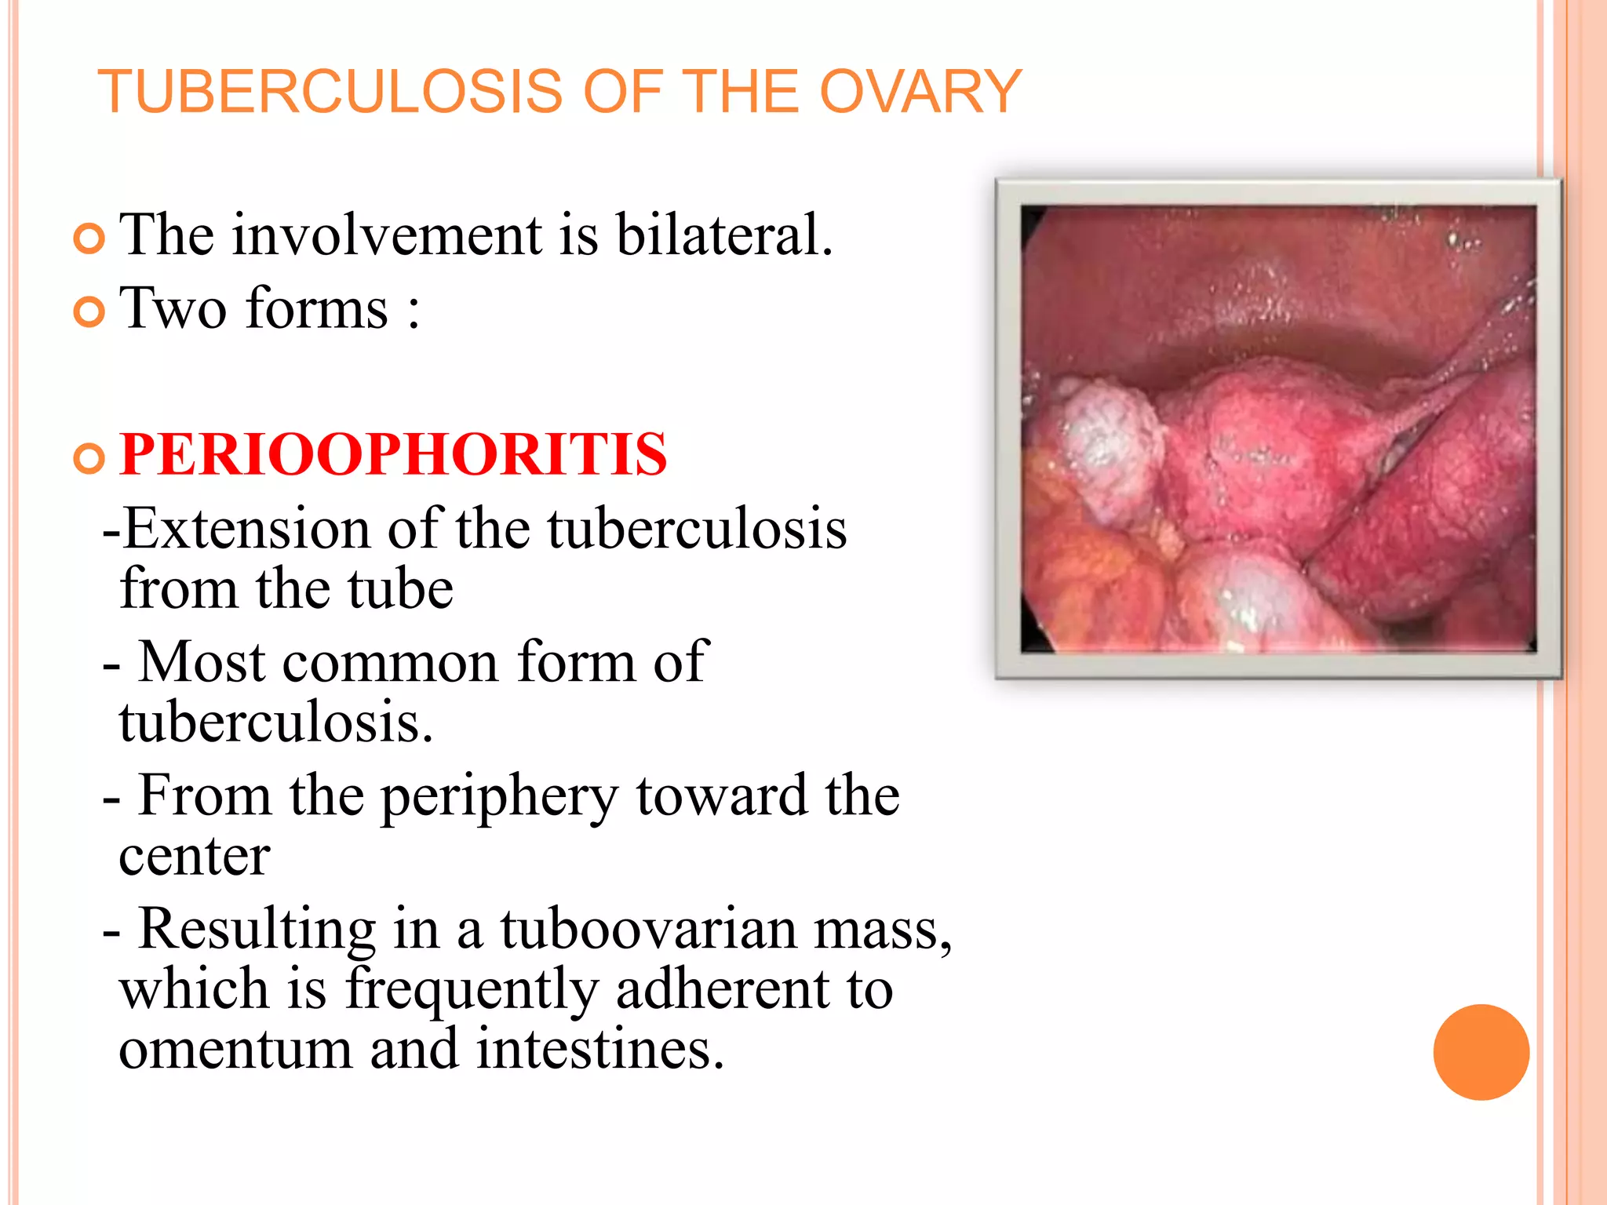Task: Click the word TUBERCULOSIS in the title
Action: click(x=330, y=92)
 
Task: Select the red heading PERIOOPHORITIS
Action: click(x=393, y=454)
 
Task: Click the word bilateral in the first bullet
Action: click(x=723, y=235)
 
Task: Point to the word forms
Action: click(x=317, y=308)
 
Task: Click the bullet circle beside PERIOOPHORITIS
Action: click(x=89, y=458)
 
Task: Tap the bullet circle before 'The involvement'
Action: click(x=89, y=238)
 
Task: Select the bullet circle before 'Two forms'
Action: click(x=89, y=312)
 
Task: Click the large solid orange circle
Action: click(x=1481, y=1052)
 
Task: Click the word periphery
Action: click(x=500, y=797)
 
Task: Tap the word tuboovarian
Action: click(x=648, y=930)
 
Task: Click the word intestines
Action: click(x=599, y=1049)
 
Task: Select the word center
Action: click(x=195, y=857)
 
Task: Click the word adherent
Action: click(x=722, y=989)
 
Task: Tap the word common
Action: click(x=390, y=663)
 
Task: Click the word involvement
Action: click(x=387, y=235)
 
